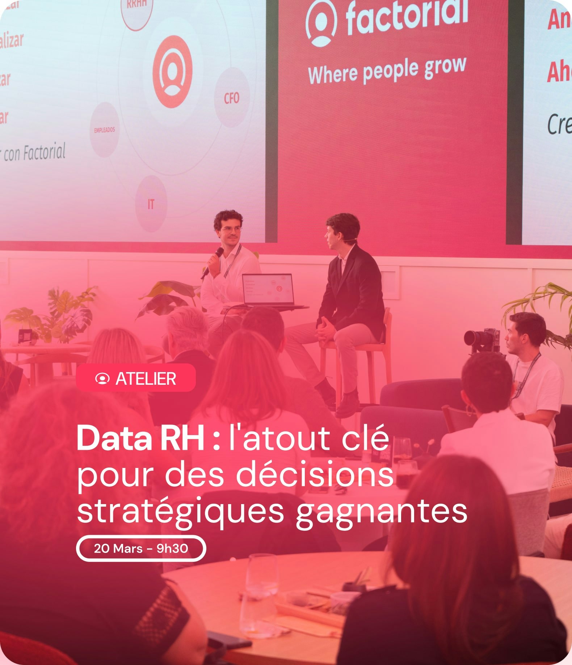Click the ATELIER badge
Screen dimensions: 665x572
[x=136, y=378]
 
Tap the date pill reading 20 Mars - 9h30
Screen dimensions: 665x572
[x=141, y=549]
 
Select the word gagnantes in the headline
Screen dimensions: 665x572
[x=381, y=512]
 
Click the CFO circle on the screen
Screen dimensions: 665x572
[x=232, y=98]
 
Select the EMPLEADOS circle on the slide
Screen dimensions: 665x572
[x=104, y=130]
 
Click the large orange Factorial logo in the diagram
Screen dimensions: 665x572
[x=172, y=72]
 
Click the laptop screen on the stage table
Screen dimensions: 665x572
[x=268, y=289]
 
